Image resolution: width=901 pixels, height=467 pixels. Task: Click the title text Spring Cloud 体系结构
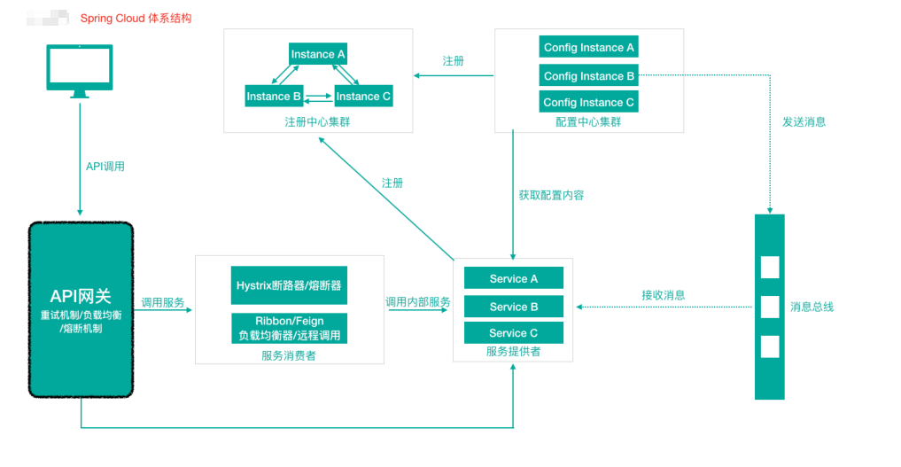click(x=136, y=18)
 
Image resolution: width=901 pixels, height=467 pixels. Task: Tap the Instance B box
click(x=274, y=96)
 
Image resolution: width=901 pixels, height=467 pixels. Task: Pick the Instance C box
click(x=363, y=96)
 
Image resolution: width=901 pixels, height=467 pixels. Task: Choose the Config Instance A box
click(x=588, y=47)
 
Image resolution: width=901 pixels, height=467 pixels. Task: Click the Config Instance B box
click(x=588, y=75)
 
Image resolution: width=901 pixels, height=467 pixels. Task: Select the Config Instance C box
click(x=588, y=102)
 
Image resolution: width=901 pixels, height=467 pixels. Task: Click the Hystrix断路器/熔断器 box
click(x=289, y=285)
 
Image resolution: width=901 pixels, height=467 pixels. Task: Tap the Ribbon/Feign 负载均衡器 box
click(x=289, y=328)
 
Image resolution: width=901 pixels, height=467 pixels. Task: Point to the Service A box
click(x=514, y=278)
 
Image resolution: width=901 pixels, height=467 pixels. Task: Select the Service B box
click(x=514, y=307)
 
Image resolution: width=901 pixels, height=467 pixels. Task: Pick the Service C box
click(x=514, y=333)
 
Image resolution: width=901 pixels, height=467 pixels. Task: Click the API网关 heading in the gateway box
click(x=81, y=296)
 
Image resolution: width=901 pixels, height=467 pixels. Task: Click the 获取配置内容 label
click(x=551, y=195)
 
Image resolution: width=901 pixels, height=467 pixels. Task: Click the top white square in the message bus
click(x=770, y=267)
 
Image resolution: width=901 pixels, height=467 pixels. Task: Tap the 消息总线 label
click(x=812, y=307)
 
